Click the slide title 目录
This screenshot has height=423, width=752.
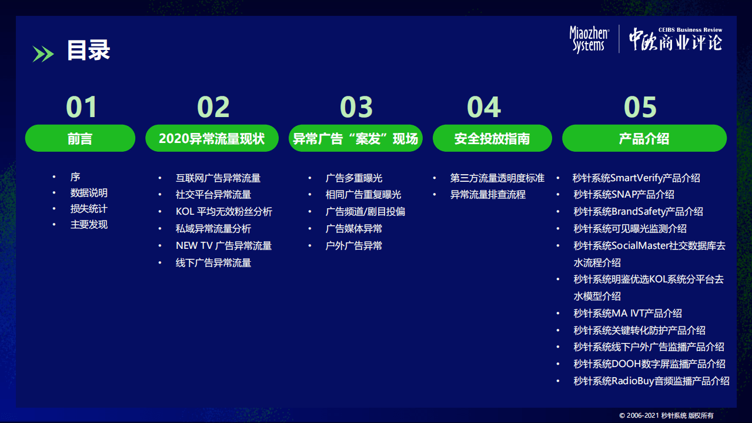(88, 51)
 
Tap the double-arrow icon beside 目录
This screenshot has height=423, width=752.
(43, 54)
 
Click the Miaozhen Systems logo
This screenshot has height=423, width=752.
(589, 40)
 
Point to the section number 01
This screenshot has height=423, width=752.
(81, 107)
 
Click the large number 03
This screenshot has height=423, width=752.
(356, 107)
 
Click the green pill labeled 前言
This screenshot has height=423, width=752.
(80, 139)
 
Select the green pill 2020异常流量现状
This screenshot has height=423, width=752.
(212, 139)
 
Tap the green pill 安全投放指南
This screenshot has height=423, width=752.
(492, 139)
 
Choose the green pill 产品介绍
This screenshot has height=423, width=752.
(644, 139)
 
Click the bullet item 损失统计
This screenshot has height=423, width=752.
(89, 209)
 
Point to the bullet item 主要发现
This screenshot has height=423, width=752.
(89, 225)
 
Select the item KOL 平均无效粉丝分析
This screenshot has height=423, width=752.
(223, 212)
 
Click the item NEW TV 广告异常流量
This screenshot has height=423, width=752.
(223, 246)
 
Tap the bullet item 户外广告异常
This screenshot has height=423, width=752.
(353, 246)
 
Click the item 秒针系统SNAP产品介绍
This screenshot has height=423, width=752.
(624, 195)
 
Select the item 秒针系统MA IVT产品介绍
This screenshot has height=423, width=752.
(627, 314)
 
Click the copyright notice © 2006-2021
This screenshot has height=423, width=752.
(666, 415)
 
